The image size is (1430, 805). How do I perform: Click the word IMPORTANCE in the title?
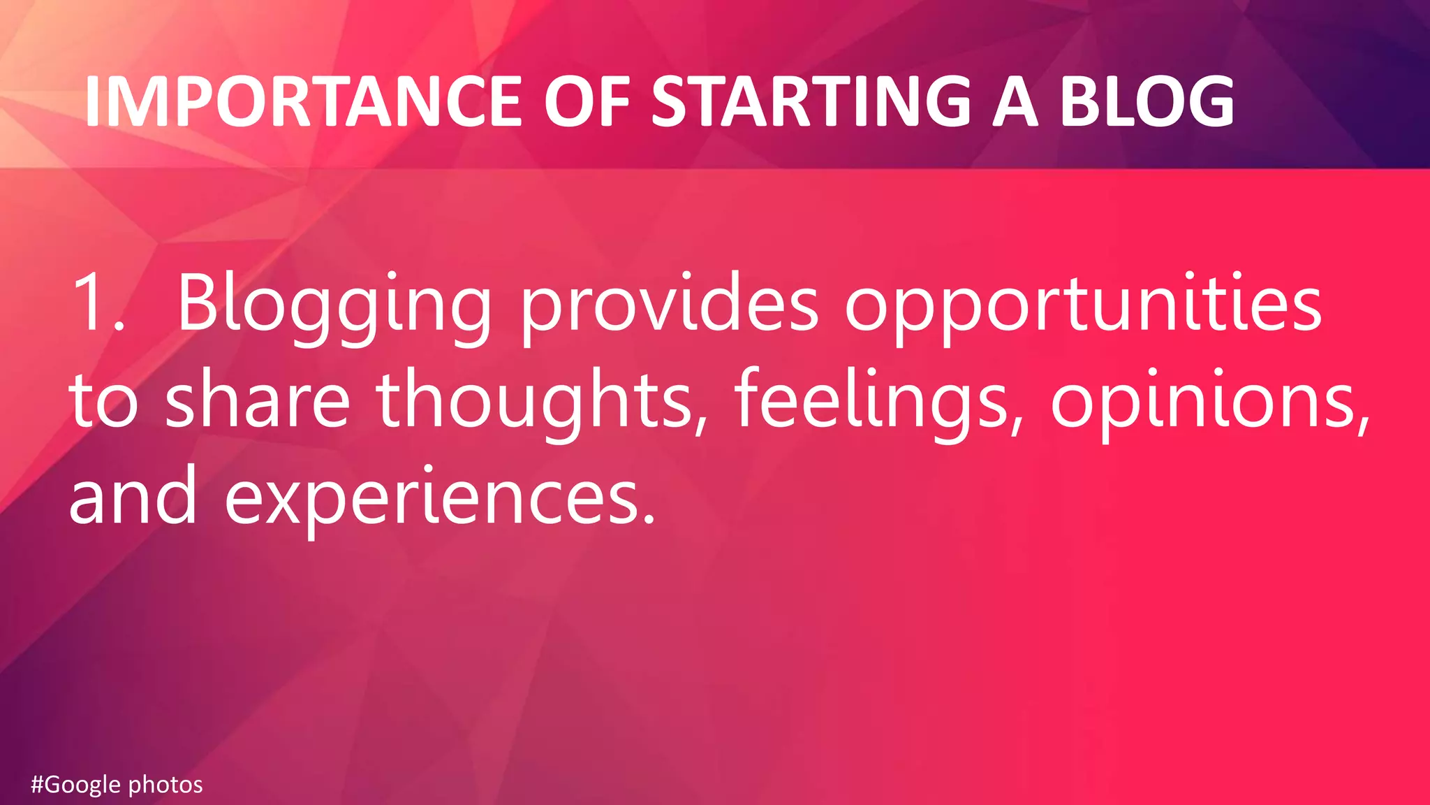click(303, 102)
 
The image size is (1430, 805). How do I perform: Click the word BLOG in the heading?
click(1147, 102)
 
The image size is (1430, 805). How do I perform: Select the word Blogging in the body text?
click(334, 306)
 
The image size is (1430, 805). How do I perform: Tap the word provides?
click(669, 306)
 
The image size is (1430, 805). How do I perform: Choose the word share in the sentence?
click(257, 400)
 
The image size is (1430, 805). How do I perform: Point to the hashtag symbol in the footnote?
click(38, 785)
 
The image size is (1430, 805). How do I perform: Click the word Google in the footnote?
click(83, 785)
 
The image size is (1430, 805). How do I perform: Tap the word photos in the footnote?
click(165, 785)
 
